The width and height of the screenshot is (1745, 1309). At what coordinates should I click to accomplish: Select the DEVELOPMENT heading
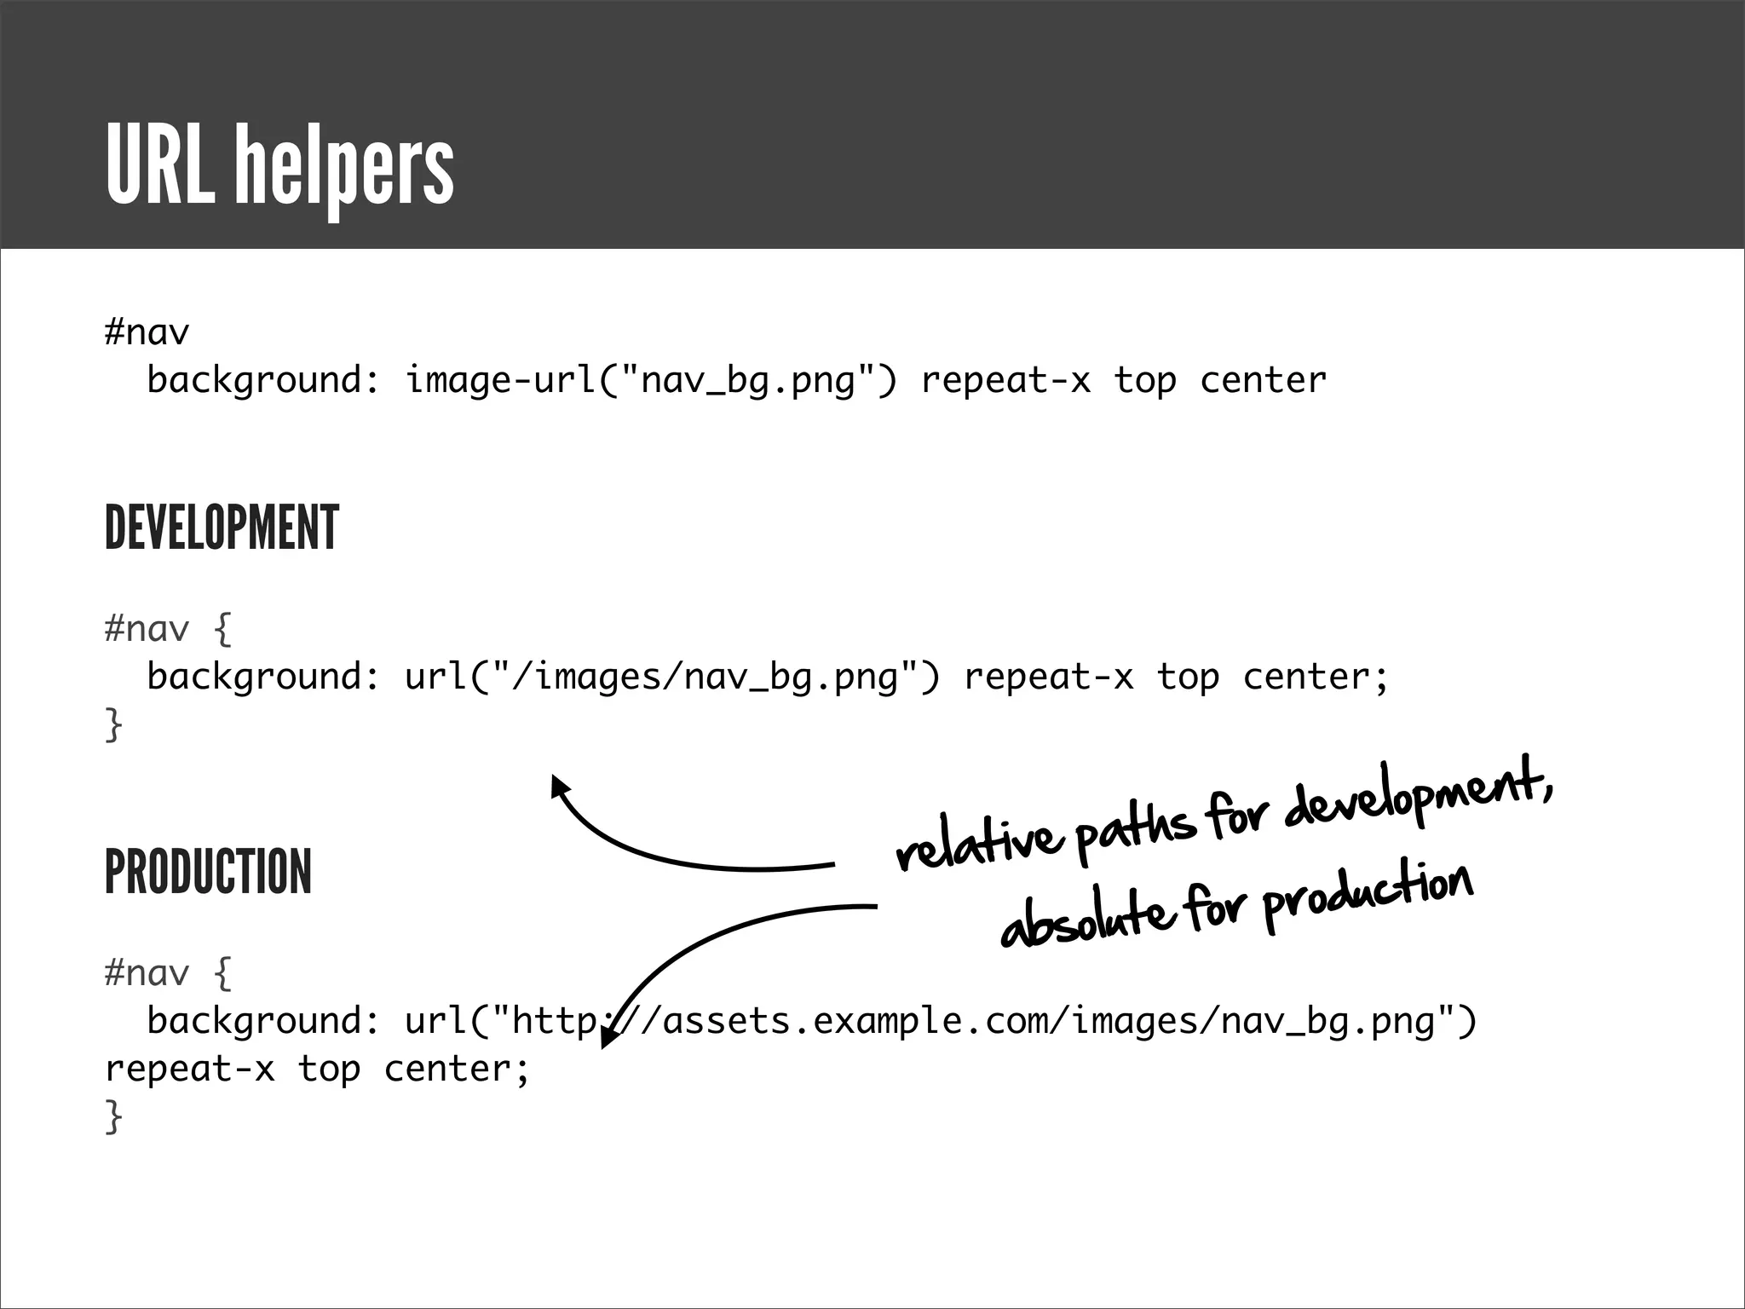222,528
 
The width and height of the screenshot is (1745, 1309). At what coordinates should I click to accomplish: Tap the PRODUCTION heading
208,872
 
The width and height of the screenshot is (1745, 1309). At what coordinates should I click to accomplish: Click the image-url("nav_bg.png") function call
651,380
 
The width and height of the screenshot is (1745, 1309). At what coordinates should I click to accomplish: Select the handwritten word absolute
1084,920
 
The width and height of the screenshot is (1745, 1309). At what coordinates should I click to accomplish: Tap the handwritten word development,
1419,797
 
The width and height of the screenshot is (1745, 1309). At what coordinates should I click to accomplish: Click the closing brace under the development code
113,725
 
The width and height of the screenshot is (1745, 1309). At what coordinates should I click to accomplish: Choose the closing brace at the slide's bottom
113,1116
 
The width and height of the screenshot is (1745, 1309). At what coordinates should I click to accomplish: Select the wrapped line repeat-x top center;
317,1069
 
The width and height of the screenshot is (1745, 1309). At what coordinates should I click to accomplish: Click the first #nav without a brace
147,332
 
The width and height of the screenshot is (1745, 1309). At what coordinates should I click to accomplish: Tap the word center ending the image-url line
1263,380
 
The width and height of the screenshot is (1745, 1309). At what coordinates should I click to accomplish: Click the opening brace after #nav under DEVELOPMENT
222,629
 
